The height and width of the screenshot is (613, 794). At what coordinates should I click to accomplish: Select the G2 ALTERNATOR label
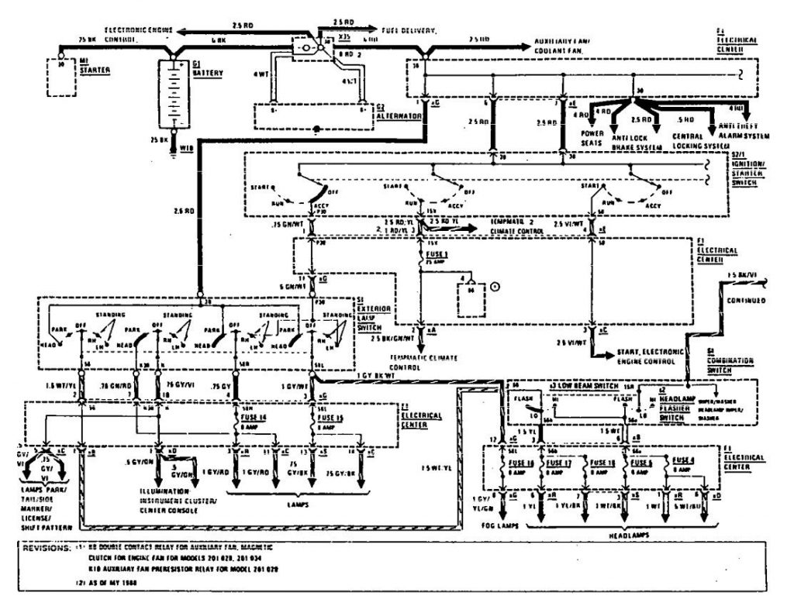pos(398,112)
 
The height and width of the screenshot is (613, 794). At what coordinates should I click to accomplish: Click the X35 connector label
pos(344,36)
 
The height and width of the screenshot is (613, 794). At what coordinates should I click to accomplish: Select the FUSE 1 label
pos(434,253)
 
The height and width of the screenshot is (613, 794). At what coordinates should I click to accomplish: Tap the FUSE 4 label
pos(685,459)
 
